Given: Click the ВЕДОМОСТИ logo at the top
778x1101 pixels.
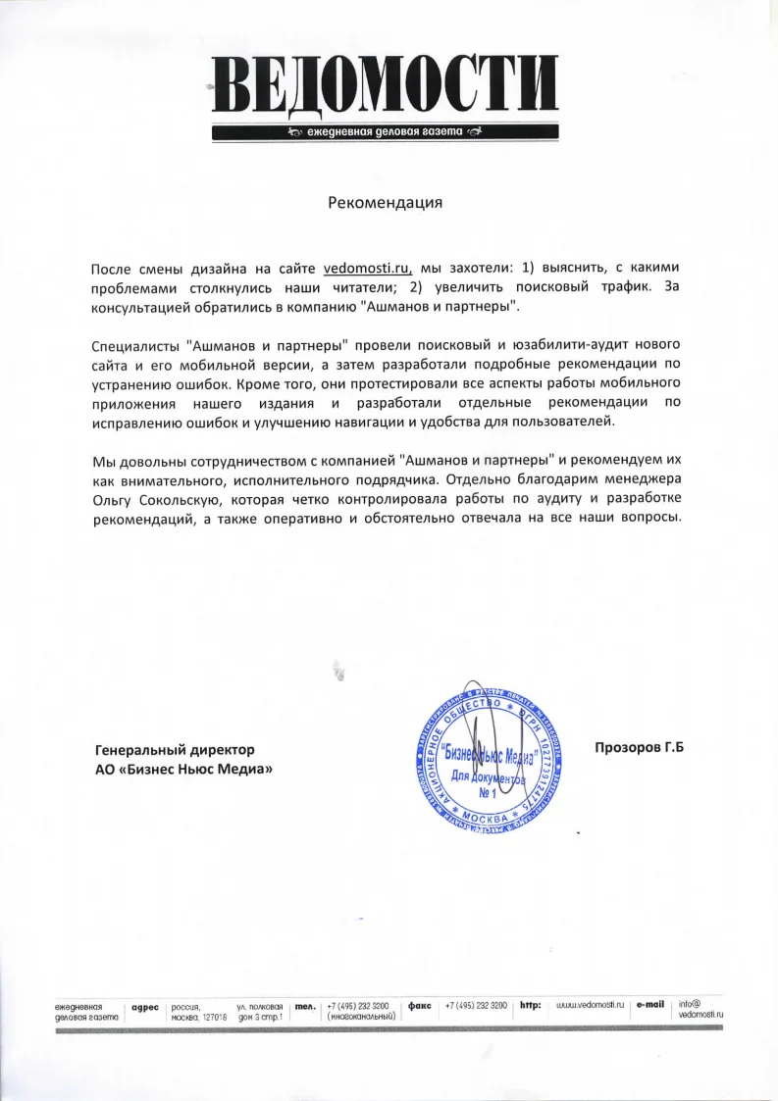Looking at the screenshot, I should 386,85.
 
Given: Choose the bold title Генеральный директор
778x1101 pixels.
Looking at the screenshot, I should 174,749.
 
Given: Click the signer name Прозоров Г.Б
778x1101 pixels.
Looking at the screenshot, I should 639,749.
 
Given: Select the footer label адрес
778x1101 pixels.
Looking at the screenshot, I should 145,1006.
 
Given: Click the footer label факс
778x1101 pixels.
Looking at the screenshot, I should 420,1006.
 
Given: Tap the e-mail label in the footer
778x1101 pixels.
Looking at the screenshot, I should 650,1005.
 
